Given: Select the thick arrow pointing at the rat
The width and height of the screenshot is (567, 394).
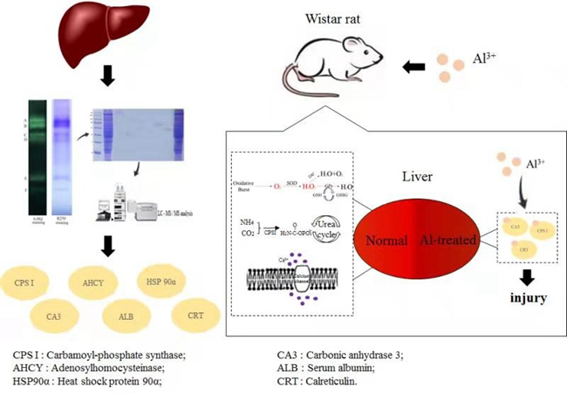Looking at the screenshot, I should click(x=414, y=66).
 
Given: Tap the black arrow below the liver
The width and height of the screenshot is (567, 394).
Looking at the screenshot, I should click(x=107, y=81).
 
